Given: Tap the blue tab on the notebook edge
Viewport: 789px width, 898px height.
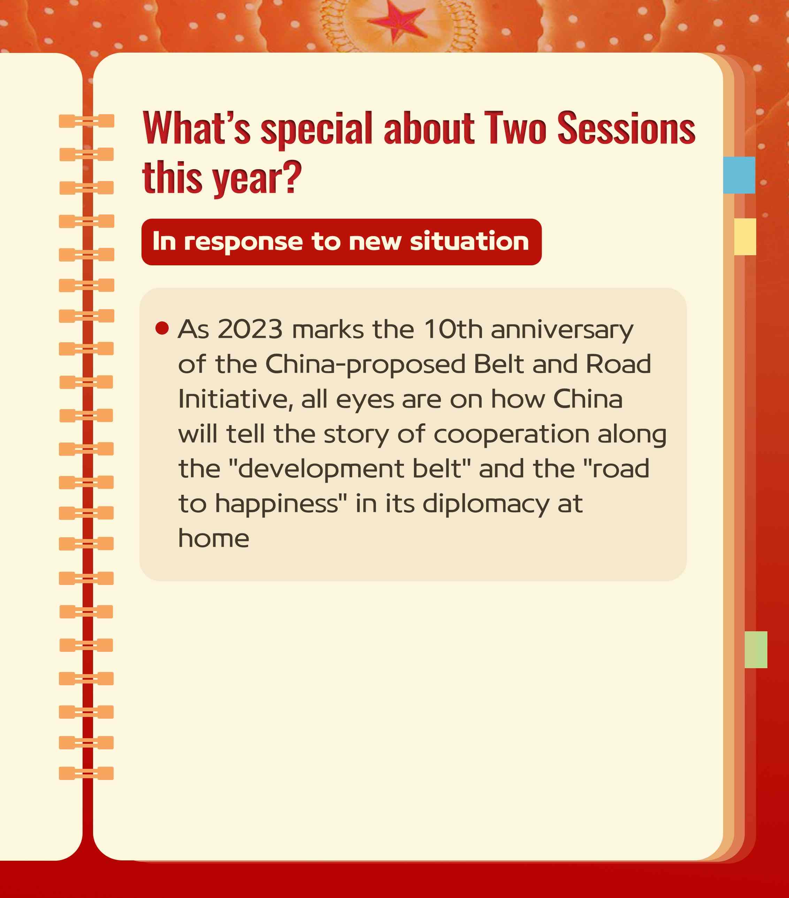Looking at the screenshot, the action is coord(739,175).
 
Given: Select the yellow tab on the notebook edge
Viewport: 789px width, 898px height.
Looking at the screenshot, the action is coord(745,236).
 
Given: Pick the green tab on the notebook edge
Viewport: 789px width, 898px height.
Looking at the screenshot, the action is coord(756,650).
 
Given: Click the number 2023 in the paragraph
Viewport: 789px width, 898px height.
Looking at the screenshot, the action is coord(250,329).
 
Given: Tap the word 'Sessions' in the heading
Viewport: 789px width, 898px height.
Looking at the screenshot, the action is coord(626,128).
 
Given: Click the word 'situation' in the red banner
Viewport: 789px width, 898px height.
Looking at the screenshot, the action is coord(469,241).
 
